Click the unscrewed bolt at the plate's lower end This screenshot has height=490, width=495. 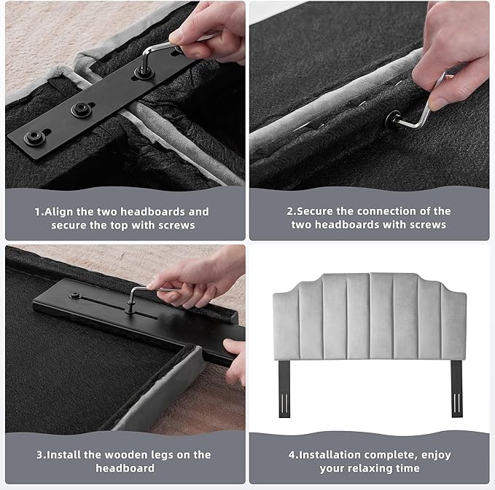coord(33,137)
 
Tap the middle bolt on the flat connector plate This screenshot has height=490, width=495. coord(79,109)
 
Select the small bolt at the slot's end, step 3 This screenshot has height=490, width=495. coord(75,296)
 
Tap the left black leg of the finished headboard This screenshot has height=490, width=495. coord(284,389)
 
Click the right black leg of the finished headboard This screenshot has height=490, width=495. coord(456,389)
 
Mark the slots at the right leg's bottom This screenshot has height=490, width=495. coord(456,403)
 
